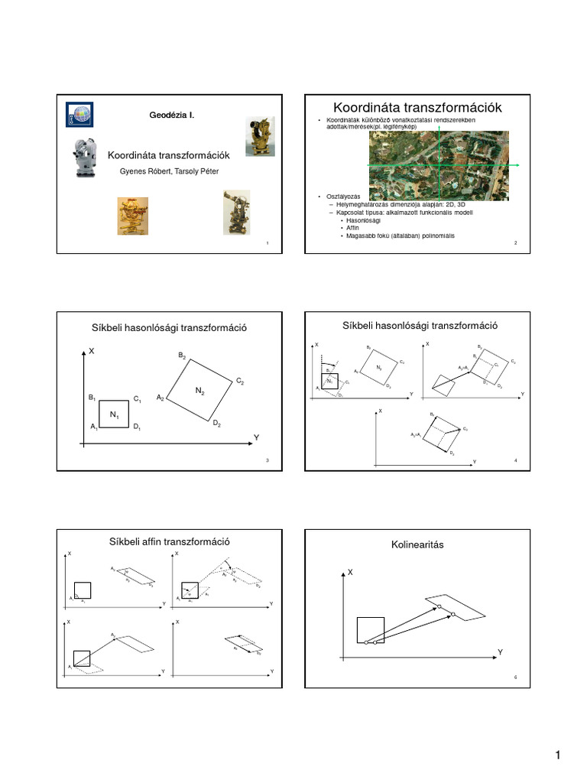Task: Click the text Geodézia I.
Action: (x=171, y=115)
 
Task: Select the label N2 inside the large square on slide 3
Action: (x=199, y=391)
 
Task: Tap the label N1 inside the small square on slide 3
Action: (x=114, y=414)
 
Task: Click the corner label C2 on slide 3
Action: (x=239, y=381)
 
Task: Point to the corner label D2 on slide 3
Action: (x=217, y=424)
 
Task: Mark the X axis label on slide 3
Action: (x=92, y=351)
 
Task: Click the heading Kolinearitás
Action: (x=417, y=544)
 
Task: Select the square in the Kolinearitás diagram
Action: (x=371, y=629)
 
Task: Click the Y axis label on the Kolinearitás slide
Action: (x=501, y=651)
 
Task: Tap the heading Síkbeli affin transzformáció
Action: (x=171, y=542)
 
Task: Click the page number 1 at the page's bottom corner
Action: (x=558, y=756)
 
